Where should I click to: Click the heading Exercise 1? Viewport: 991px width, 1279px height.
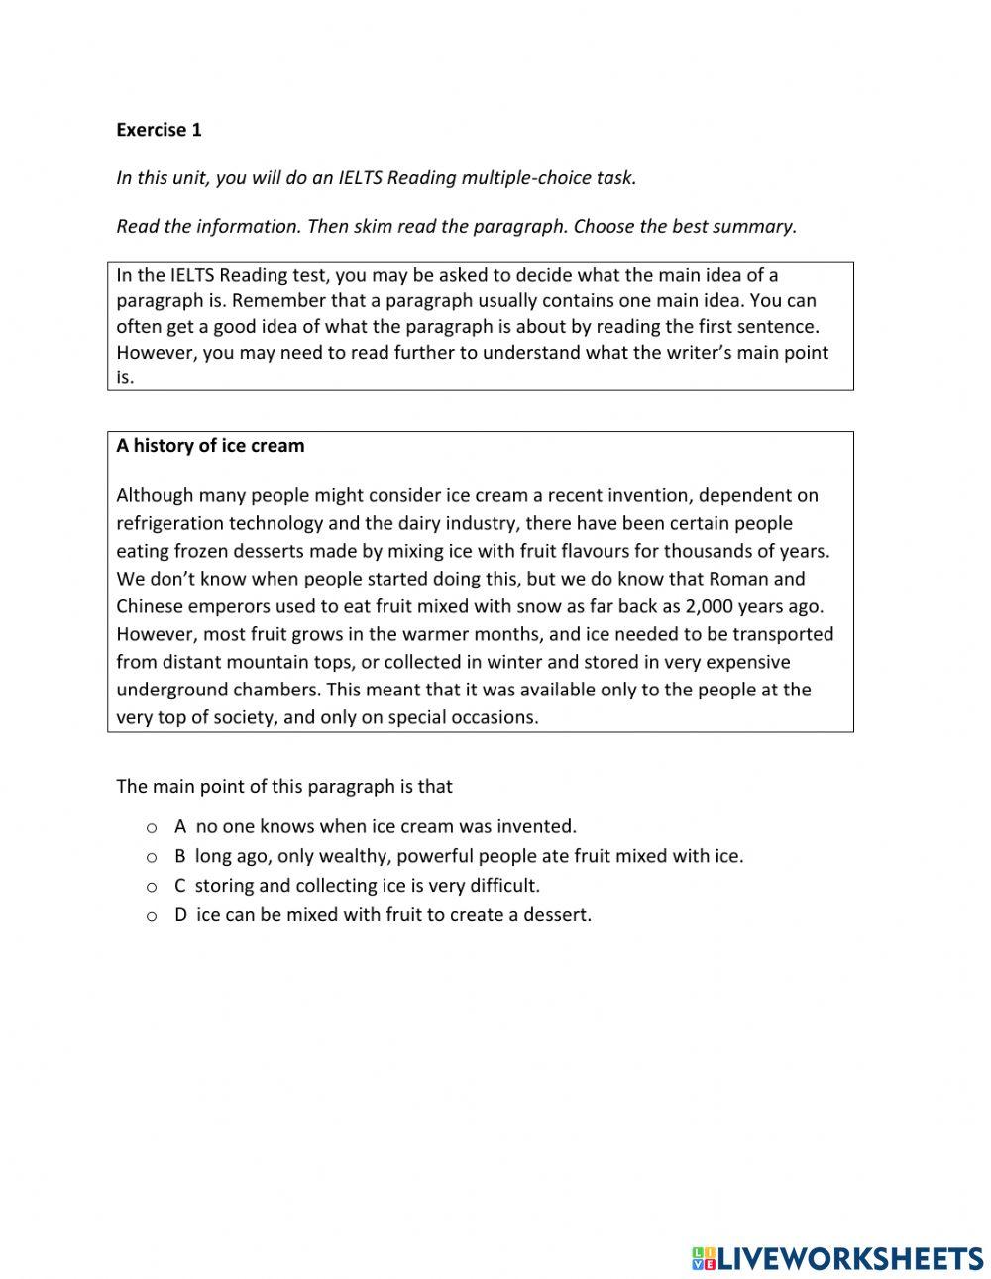[x=159, y=130]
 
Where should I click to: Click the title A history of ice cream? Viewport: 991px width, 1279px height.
[x=210, y=446]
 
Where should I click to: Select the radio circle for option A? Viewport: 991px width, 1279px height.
[x=152, y=827]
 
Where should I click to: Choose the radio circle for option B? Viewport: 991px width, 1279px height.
[x=152, y=857]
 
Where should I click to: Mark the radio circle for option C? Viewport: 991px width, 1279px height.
[x=152, y=887]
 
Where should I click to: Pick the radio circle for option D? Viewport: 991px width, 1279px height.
[x=152, y=916]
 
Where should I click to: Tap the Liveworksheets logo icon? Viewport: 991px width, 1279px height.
[x=703, y=1258]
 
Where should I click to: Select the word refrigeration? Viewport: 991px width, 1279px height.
[x=169, y=523]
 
